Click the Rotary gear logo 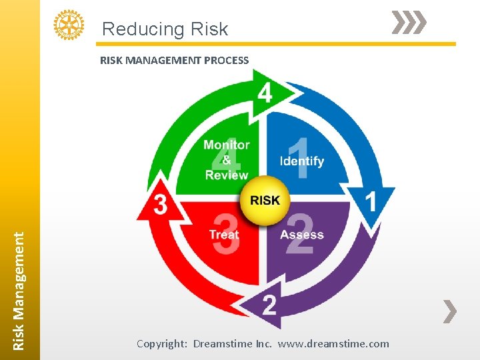[69, 25]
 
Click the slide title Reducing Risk [165, 29]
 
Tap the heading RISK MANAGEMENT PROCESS [174, 60]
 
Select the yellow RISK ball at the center [265, 200]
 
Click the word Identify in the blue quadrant [301, 161]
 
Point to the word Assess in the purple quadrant [301, 235]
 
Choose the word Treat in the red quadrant [223, 235]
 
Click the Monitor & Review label [227, 160]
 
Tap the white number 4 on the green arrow [265, 93]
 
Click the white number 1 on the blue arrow [371, 201]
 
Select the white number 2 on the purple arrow [269, 305]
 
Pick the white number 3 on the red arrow [160, 205]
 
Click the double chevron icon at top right [408, 23]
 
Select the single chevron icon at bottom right [451, 311]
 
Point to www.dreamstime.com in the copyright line [333, 344]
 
